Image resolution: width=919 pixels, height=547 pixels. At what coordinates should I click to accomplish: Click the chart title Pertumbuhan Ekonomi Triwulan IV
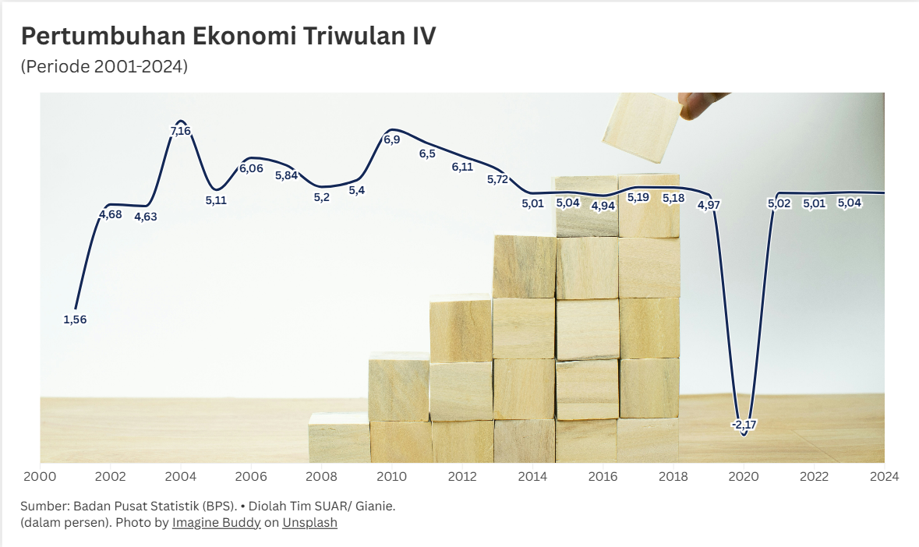[228, 37]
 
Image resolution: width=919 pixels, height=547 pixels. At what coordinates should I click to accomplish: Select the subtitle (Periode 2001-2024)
[104, 67]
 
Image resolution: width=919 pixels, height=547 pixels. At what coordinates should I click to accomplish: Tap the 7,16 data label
[180, 131]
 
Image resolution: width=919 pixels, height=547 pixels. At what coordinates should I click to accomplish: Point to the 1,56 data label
[75, 319]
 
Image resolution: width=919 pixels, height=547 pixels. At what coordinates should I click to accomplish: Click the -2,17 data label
[744, 425]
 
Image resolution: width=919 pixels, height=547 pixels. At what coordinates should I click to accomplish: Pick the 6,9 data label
[391, 139]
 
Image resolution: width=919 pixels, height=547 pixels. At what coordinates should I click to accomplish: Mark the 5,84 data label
[287, 175]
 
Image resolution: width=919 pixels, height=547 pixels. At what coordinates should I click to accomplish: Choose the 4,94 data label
[603, 206]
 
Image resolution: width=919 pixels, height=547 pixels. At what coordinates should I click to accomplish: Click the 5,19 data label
[638, 197]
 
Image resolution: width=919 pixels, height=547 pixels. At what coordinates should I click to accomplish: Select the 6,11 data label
[462, 167]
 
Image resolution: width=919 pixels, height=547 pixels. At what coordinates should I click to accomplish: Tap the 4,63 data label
[146, 217]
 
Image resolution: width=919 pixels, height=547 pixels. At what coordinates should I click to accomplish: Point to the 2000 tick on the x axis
[39, 476]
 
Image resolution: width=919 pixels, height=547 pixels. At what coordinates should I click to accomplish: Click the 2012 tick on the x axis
[462, 476]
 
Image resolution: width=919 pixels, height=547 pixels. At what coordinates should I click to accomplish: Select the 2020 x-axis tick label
[744, 476]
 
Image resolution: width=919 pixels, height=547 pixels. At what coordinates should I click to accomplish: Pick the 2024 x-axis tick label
[884, 476]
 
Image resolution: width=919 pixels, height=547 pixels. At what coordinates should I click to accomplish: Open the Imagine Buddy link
[217, 523]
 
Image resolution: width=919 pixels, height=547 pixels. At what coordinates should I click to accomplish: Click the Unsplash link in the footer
[309, 523]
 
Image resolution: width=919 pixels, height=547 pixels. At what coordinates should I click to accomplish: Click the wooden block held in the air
[642, 126]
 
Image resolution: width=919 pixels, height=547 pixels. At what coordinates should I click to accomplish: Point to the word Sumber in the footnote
[44, 506]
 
